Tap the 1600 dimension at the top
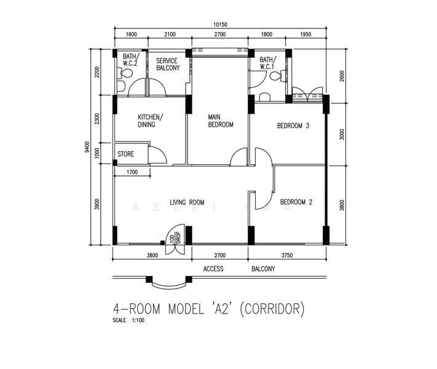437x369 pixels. (x=131, y=34)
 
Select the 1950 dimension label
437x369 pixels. (x=305, y=34)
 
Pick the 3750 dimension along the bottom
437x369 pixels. (x=286, y=255)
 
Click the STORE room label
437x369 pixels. (x=126, y=154)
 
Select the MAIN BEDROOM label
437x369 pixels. (x=221, y=121)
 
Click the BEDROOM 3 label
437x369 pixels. (x=293, y=125)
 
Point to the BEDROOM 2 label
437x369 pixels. (x=297, y=202)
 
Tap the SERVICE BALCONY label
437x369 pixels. (x=168, y=65)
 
